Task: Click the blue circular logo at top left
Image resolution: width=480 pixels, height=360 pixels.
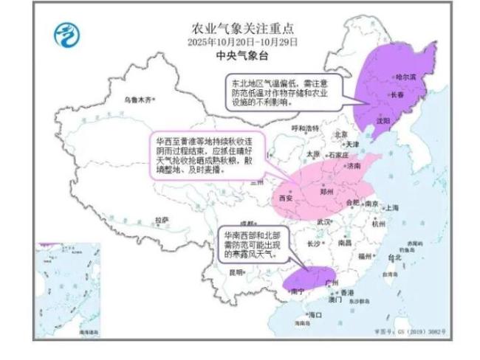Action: click(x=67, y=34)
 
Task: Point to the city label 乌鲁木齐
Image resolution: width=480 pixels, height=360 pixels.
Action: click(x=140, y=100)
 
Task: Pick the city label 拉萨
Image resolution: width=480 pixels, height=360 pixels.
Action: click(x=161, y=220)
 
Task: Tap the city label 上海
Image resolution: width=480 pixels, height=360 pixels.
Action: click(x=391, y=208)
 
